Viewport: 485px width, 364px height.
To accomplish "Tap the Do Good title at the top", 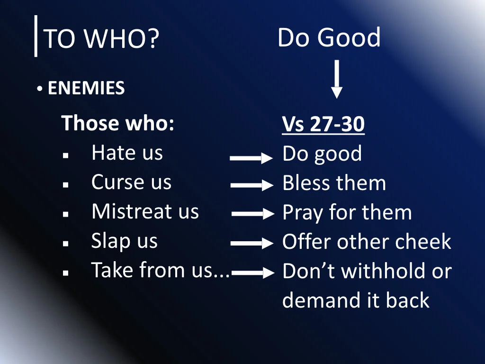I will coord(329,38).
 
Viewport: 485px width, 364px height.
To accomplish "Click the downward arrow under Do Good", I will coord(336,79).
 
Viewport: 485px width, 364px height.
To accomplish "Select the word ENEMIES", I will coord(86,88).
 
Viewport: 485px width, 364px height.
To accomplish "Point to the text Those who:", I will coord(118,123).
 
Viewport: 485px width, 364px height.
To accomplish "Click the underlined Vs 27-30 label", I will coord(323,125).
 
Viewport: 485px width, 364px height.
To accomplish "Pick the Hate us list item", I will coord(127,153).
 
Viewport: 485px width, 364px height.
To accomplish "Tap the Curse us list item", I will coord(131,182).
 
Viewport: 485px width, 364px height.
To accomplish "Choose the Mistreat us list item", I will coord(145,211).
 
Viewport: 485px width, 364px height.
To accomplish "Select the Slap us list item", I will coord(124,241).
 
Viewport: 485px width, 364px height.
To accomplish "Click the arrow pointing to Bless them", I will coord(251,186).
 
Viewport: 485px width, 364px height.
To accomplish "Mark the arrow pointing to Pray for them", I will coord(253,214).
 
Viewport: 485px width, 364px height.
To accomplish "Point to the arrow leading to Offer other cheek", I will coord(252,244).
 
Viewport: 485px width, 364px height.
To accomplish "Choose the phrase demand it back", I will coord(356,300).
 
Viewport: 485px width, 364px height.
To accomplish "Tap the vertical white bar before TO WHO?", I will coord(36,36).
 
